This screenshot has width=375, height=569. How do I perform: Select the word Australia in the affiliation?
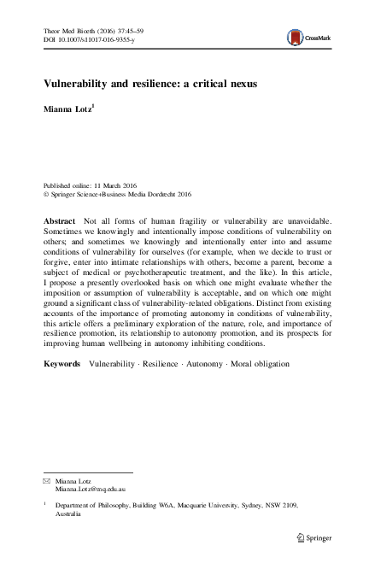(x=71, y=515)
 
